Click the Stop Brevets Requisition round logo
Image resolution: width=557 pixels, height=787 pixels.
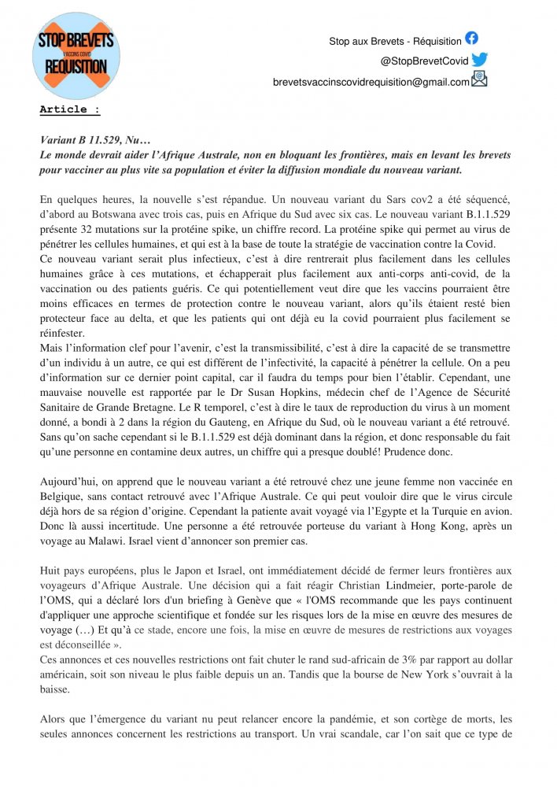pyautogui.click(x=76, y=56)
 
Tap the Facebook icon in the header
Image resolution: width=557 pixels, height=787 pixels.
pyautogui.click(x=471, y=38)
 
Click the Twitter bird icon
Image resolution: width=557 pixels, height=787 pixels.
pyautogui.click(x=479, y=59)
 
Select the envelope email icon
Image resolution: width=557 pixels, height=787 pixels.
pyautogui.click(x=479, y=79)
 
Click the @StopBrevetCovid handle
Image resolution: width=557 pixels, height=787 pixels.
pyautogui.click(x=424, y=61)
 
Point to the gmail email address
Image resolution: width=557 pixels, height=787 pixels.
pyautogui.click(x=371, y=81)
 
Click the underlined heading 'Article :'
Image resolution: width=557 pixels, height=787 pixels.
pyautogui.click(x=70, y=109)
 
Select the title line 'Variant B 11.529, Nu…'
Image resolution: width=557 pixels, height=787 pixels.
pyautogui.click(x=94, y=140)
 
